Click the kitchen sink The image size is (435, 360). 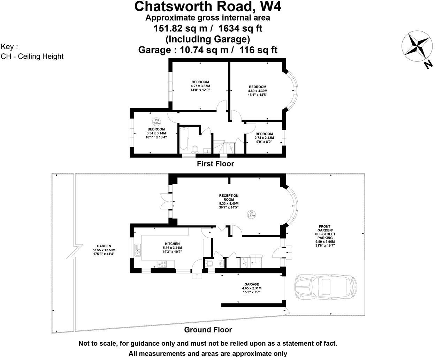(138, 250)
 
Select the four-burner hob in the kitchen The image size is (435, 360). (162, 265)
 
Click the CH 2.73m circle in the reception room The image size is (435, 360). (251, 214)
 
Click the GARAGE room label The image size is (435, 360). (251, 284)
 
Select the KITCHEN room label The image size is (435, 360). (172, 244)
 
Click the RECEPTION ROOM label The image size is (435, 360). (229, 197)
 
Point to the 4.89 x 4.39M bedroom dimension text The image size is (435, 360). (258, 91)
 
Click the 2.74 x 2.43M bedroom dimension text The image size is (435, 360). (264, 138)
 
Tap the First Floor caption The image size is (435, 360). (215, 164)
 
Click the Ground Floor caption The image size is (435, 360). (208, 330)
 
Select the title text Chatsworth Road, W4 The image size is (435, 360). (208, 6)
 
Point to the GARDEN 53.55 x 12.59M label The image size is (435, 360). (104, 250)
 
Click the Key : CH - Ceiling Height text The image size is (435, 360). (32, 52)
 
